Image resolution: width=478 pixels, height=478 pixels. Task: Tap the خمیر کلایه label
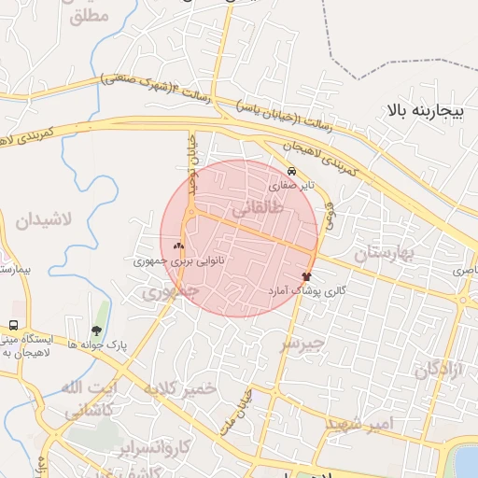tap(180, 388)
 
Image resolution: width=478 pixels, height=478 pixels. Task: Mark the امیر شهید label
tap(359, 424)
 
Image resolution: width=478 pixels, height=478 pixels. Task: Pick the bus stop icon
tap(13, 326)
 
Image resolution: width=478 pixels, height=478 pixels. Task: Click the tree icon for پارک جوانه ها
tap(96, 330)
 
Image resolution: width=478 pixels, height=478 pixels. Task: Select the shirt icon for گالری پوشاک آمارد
tap(306, 276)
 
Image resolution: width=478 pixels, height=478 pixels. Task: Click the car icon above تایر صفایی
tap(292, 172)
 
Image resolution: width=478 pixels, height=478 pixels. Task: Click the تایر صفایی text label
tap(292, 186)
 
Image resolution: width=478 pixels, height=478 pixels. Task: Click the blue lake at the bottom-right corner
tap(466, 461)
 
